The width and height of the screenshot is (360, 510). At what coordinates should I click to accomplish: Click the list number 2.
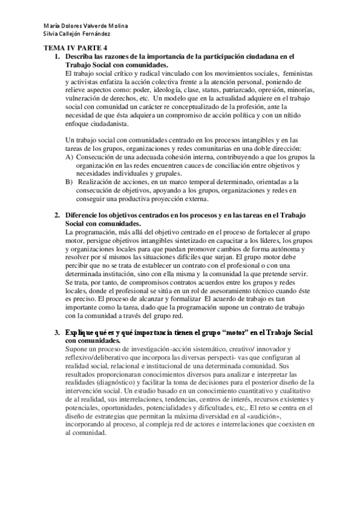tap(57, 216)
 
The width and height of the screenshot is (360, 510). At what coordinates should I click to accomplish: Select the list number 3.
tap(57, 332)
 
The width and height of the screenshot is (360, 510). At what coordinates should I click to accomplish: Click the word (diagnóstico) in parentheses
tap(118, 382)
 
